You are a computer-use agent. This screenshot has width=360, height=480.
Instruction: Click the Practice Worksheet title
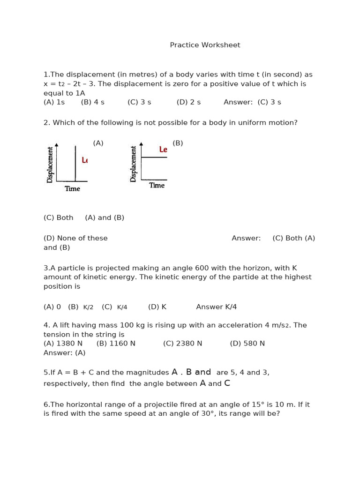[205, 45]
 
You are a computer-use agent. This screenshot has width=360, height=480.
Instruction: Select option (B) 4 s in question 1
[92, 102]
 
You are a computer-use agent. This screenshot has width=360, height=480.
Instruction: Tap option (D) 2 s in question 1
[188, 102]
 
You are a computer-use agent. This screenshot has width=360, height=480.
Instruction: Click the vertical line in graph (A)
[75, 163]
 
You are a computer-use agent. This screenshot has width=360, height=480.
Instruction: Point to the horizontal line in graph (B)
[154, 157]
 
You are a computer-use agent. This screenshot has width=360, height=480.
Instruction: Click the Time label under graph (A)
[72, 189]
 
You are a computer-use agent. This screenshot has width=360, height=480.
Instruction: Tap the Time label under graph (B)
[157, 186]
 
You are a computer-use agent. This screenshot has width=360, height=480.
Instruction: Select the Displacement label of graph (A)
[50, 165]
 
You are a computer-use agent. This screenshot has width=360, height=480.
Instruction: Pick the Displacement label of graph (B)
[134, 164]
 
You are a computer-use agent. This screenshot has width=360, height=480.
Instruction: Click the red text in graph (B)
[163, 150]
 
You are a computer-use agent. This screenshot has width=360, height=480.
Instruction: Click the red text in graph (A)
[84, 160]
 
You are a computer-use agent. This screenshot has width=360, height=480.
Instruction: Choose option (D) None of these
[75, 238]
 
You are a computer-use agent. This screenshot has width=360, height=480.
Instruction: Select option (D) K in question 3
[157, 307]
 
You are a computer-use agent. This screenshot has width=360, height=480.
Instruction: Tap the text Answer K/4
[216, 307]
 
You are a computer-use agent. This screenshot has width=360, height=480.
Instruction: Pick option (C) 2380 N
[182, 344]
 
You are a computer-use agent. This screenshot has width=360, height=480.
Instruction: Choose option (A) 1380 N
[63, 344]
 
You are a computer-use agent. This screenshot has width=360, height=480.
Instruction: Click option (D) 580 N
[247, 344]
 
